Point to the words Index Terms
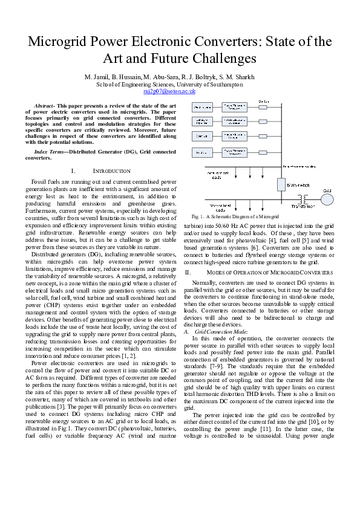(x=51, y=151)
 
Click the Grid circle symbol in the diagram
(x=327, y=197)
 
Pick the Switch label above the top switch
(x=264, y=101)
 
